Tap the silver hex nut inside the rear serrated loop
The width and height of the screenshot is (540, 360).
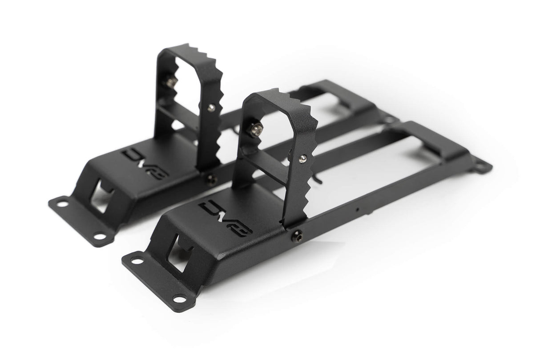pos(170,81)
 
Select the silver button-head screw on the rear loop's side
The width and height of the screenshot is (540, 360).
pos(211,107)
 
